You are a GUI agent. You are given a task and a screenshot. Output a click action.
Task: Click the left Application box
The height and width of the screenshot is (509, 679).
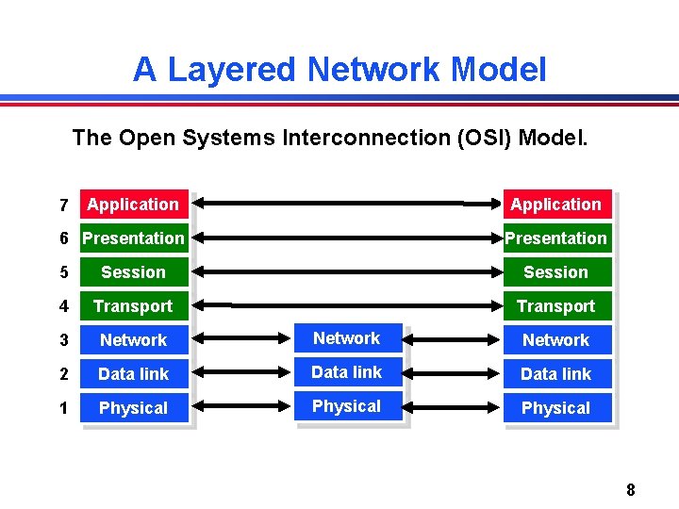[x=133, y=205]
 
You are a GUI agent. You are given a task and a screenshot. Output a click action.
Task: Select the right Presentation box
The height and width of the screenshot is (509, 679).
[x=555, y=238]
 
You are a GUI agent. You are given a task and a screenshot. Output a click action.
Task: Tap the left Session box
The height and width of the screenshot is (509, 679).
[x=133, y=272]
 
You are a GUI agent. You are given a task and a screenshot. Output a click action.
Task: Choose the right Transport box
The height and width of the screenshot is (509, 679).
[x=555, y=306]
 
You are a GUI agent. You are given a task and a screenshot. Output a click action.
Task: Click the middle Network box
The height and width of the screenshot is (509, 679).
[x=347, y=338]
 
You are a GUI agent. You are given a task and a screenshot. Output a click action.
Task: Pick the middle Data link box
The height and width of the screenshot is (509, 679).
[x=347, y=372]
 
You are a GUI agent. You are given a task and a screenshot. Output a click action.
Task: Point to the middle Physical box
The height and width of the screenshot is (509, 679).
[x=347, y=406]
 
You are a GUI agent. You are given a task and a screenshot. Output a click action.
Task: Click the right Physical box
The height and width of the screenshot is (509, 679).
[x=555, y=408]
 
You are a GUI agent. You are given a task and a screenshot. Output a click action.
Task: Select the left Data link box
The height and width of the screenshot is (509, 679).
[x=133, y=374]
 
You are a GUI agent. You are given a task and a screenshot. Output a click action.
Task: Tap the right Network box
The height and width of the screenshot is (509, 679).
[x=555, y=340]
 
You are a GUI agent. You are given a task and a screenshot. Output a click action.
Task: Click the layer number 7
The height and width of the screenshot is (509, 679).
[x=62, y=205]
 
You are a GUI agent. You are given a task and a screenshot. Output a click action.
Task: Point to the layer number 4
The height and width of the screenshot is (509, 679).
[x=62, y=306]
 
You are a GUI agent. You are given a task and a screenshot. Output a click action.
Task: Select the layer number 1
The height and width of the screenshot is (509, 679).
[x=62, y=408]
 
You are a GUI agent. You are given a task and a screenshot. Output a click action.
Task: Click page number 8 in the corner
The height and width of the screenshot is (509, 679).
[x=630, y=489]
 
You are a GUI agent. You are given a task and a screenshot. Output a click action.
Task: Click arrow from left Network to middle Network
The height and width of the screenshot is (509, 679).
[x=246, y=338]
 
